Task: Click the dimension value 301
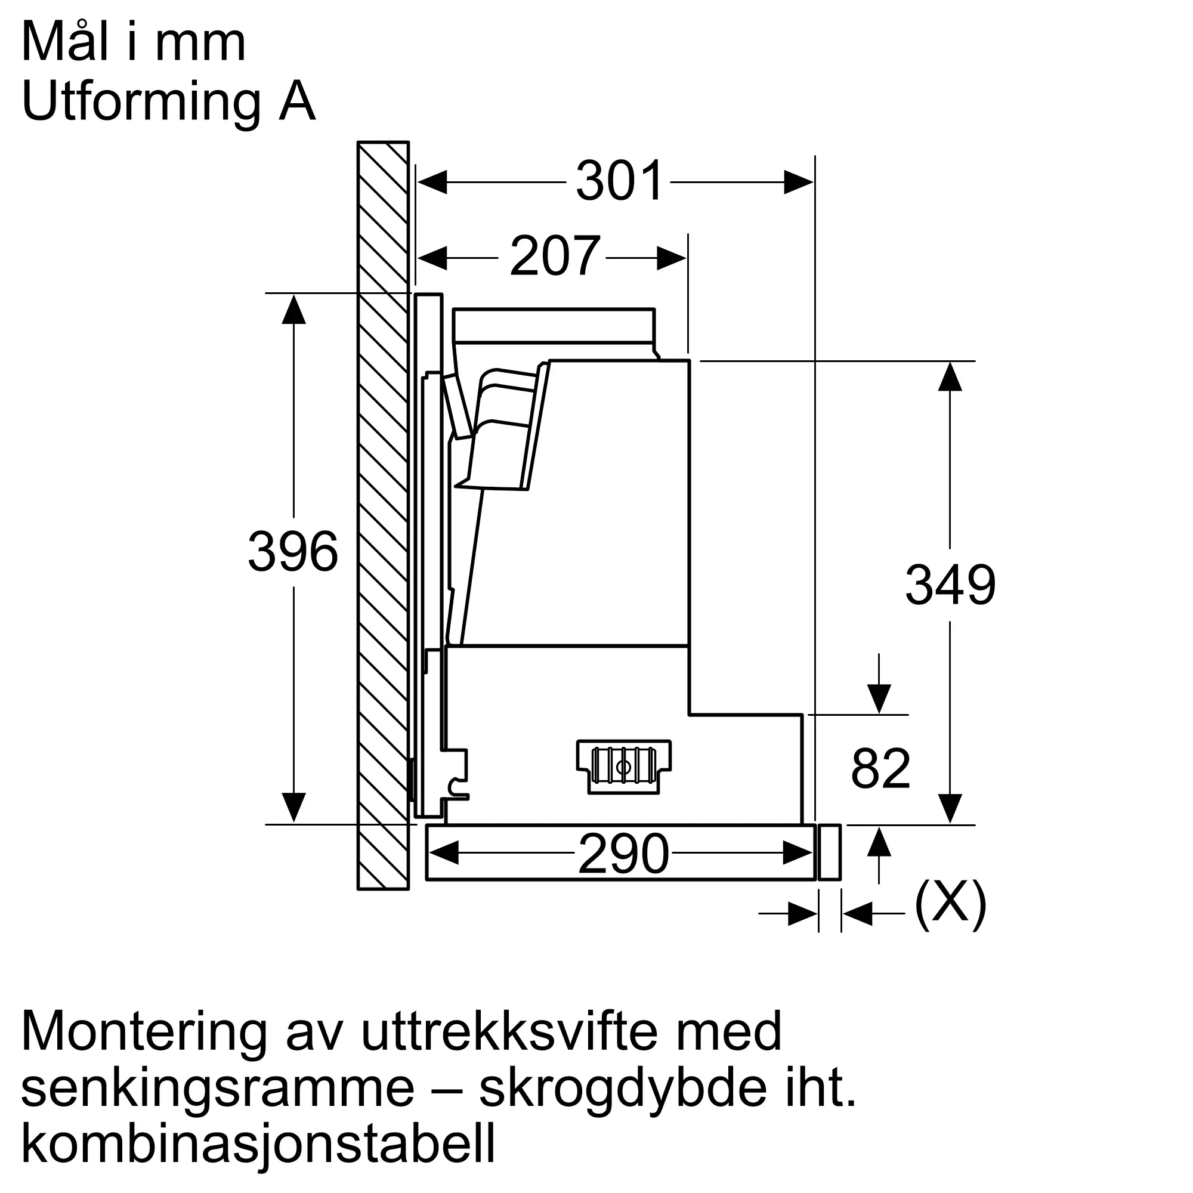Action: pyautogui.click(x=619, y=181)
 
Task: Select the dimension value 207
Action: pyautogui.click(x=555, y=256)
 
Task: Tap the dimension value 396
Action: pyautogui.click(x=293, y=551)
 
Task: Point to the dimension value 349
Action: pyautogui.click(x=950, y=585)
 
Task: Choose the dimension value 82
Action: pyautogui.click(x=880, y=768)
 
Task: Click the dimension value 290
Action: pyautogui.click(x=624, y=854)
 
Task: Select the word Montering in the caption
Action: pyautogui.click(x=144, y=1033)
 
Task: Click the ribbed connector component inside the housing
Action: pyautogui.click(x=624, y=767)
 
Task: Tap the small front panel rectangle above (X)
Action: pyautogui.click(x=829, y=852)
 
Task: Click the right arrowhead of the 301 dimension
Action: pyautogui.click(x=799, y=182)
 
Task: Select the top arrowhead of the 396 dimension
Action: pyautogui.click(x=293, y=310)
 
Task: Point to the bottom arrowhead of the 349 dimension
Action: pyautogui.click(x=950, y=808)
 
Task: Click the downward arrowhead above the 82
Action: pyautogui.click(x=879, y=699)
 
